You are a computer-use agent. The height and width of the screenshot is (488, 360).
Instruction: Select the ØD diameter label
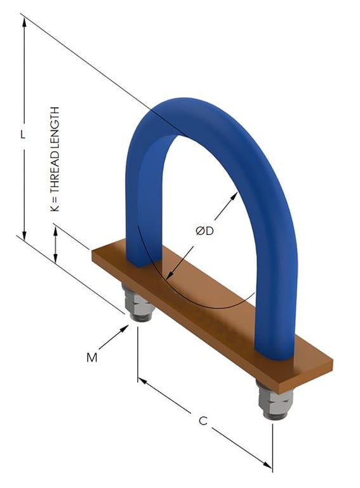click(x=204, y=232)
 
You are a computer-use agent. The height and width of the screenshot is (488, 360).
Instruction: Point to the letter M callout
click(x=92, y=358)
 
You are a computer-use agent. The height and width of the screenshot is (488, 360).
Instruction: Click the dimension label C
click(x=203, y=421)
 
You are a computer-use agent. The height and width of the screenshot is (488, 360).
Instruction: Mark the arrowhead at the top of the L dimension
click(x=24, y=20)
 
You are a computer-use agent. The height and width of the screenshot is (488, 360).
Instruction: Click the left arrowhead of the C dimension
click(x=142, y=381)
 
